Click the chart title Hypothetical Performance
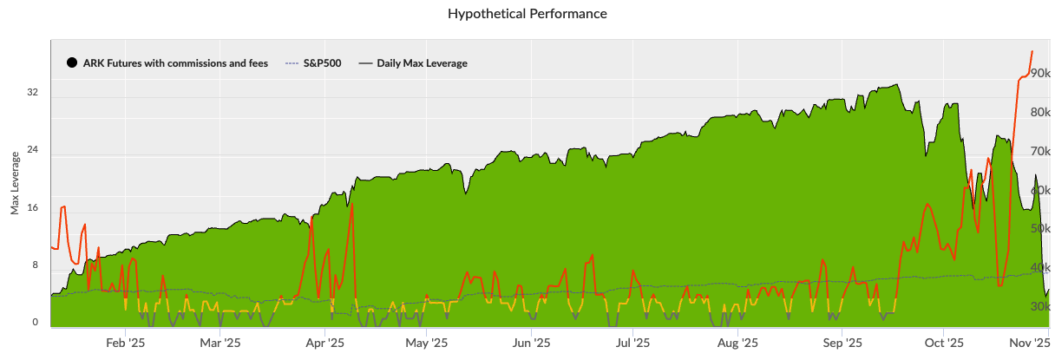coord(527,14)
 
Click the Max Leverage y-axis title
coord(15,183)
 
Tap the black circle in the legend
coord(72,63)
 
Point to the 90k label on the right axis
coord(1040,75)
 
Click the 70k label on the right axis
coord(1040,152)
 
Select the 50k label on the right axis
coord(1040,229)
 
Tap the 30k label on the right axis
coord(1040,306)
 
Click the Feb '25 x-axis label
coord(126,343)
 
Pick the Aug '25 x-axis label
coord(737,343)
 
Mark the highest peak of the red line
coord(1032,52)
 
